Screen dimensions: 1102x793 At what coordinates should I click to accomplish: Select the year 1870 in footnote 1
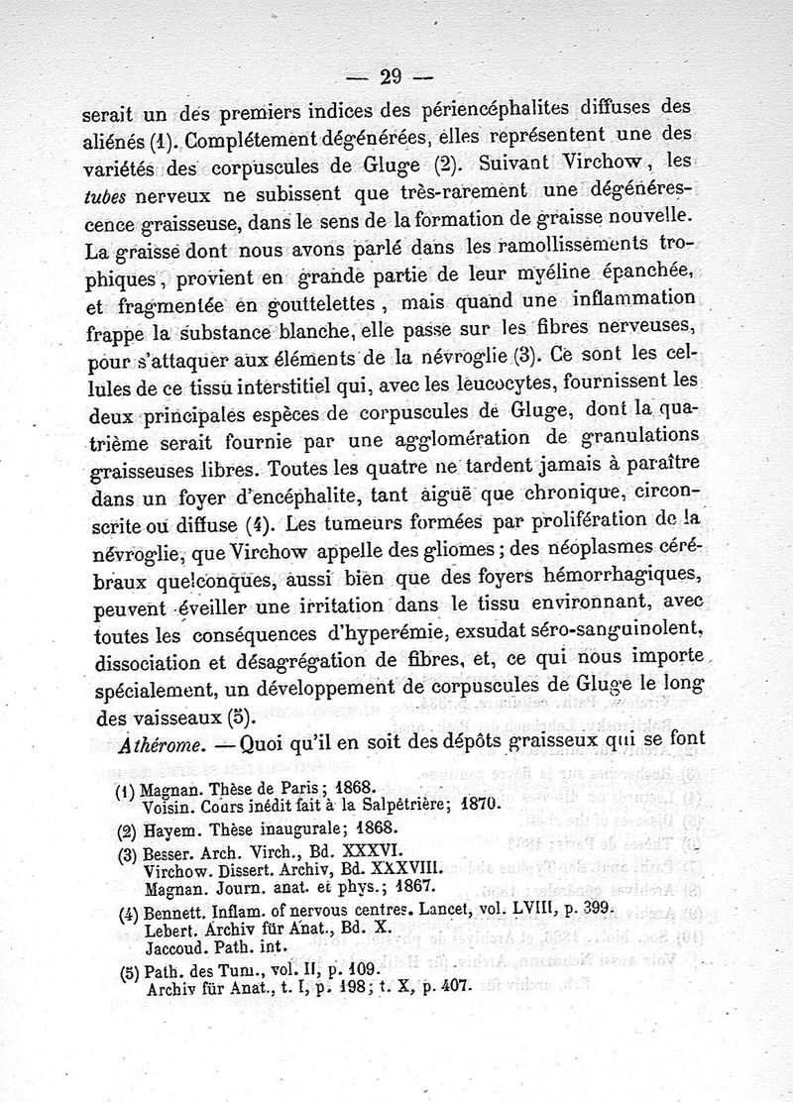(493, 807)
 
